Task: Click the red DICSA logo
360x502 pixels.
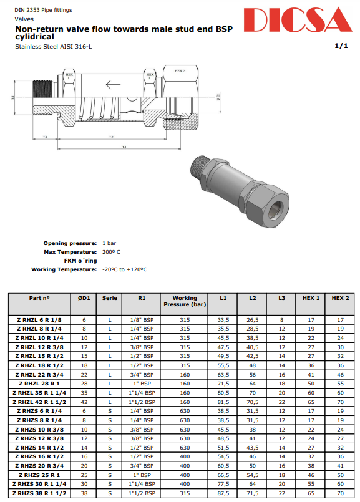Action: [x=298, y=21]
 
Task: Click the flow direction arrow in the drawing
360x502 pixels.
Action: [x=113, y=85]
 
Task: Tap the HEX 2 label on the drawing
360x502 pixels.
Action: [x=180, y=71]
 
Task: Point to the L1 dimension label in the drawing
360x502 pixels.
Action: [x=124, y=147]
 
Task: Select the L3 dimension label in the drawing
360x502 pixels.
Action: [x=45, y=137]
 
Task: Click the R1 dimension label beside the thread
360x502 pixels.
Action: [x=13, y=97]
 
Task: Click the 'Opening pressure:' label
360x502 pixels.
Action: [x=71, y=243]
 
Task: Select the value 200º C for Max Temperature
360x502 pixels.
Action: [x=111, y=251]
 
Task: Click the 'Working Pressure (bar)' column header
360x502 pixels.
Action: [x=184, y=301]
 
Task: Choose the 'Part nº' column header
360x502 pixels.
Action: [x=39, y=298]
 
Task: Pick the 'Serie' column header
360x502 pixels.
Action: [x=110, y=298]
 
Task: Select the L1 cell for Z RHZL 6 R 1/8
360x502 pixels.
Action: [x=223, y=319]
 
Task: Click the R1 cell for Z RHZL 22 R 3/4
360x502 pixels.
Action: [x=142, y=374]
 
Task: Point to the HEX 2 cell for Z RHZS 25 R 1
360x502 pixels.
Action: [x=340, y=475]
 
